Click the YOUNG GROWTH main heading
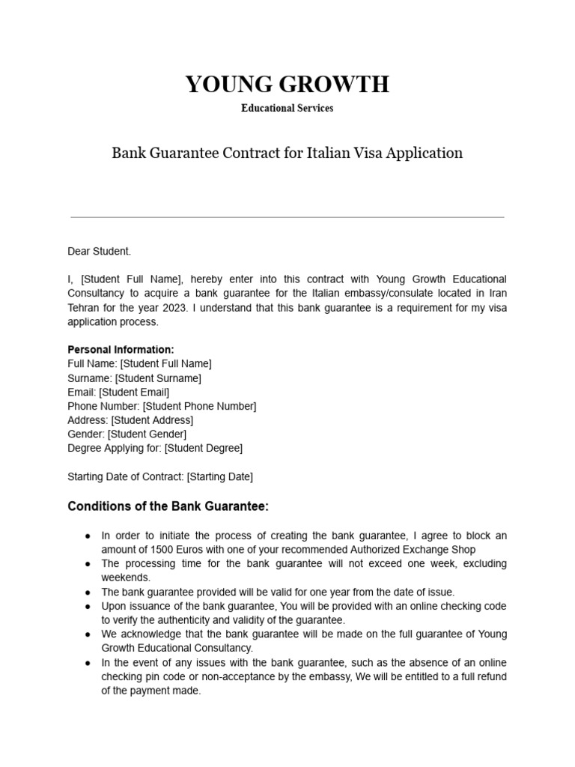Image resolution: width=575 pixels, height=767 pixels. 287,85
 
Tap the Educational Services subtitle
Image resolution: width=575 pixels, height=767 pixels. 287,108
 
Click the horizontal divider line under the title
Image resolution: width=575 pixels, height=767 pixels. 287,217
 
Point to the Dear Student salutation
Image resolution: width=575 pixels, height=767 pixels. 99,252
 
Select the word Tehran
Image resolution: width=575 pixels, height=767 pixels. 85,308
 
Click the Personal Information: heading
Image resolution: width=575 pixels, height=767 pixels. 121,350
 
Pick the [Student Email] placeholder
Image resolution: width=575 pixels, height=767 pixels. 134,392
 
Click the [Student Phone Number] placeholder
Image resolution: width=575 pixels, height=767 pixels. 199,406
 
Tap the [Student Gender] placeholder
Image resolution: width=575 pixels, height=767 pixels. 147,434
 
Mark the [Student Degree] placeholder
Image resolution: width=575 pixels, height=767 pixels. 204,448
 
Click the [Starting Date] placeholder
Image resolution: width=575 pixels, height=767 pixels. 219,476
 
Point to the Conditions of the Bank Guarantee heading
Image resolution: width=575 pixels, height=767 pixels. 168,507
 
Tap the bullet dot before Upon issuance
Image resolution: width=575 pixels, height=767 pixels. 88,606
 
